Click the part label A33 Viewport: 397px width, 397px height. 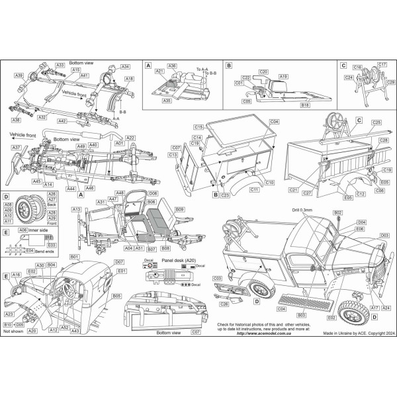(x=60, y=66)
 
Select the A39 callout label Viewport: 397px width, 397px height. (x=20, y=76)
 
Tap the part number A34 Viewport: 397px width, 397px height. (x=126, y=67)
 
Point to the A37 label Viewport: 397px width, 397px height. (x=17, y=147)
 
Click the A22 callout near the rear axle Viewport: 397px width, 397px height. (x=131, y=137)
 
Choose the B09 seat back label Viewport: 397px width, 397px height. (x=179, y=210)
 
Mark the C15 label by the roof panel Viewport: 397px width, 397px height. (x=198, y=126)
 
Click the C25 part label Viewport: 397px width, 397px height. (x=376, y=122)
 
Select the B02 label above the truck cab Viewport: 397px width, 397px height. (x=337, y=212)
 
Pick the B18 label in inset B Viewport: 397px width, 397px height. (x=305, y=105)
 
